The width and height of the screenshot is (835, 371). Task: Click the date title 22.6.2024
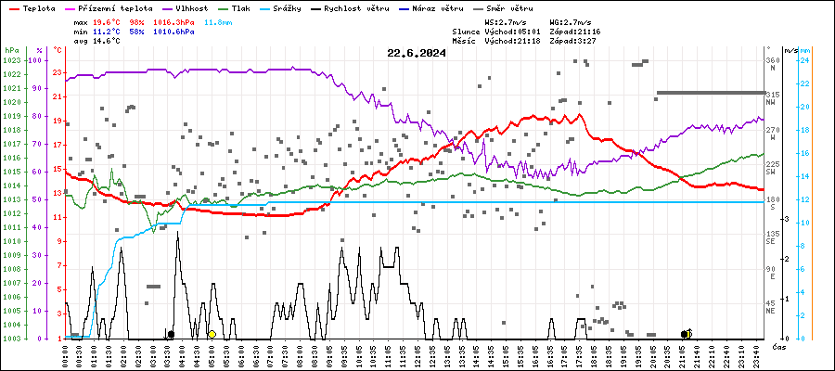[x=417, y=53]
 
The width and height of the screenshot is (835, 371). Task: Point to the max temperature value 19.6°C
[x=108, y=20]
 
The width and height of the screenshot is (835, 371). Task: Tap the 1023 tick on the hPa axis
[x=11, y=60]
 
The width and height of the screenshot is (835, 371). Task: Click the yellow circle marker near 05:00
[x=212, y=334]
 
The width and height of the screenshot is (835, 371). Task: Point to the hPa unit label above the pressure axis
[x=11, y=49]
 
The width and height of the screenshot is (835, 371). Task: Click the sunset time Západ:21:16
[x=575, y=31]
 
